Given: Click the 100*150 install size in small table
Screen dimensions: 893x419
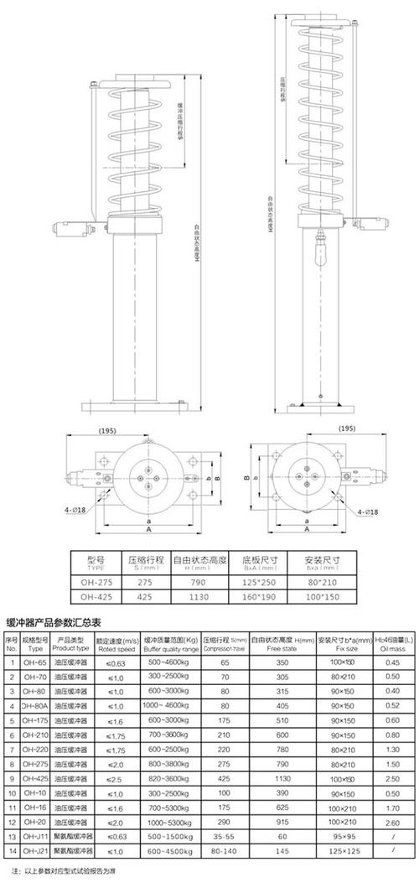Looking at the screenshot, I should tap(319, 597).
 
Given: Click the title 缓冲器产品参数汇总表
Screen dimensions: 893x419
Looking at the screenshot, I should tap(54, 623).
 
